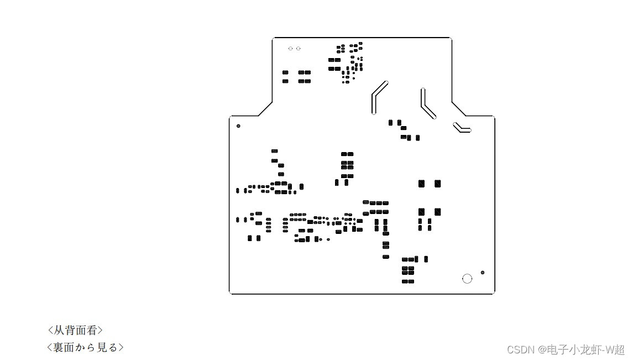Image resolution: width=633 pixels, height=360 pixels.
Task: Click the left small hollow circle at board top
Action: coord(291,49)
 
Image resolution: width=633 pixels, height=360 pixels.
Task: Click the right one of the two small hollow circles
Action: coord(299,49)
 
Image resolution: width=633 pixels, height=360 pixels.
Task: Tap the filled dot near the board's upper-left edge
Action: coord(238,126)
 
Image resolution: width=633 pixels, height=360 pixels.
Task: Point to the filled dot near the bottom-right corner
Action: coord(483,273)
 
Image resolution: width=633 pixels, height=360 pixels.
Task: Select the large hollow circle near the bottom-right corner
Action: coord(467,279)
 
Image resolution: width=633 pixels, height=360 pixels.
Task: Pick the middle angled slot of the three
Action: coord(427,104)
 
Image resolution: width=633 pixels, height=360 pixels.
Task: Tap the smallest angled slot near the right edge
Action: coord(462,128)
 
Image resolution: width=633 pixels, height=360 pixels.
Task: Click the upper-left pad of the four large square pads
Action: coord(421,184)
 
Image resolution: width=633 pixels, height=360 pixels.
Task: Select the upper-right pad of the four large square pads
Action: coord(437,184)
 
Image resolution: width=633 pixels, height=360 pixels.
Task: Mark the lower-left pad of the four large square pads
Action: coord(421,212)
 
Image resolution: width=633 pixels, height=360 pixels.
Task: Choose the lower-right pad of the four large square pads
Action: coord(437,212)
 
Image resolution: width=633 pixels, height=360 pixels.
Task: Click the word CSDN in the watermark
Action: coord(518,350)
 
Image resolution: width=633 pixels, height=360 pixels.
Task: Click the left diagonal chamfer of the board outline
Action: coord(265,109)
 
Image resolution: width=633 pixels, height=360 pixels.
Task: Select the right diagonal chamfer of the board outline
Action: coord(459,109)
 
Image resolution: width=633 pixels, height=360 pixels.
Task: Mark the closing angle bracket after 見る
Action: coord(121,348)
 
